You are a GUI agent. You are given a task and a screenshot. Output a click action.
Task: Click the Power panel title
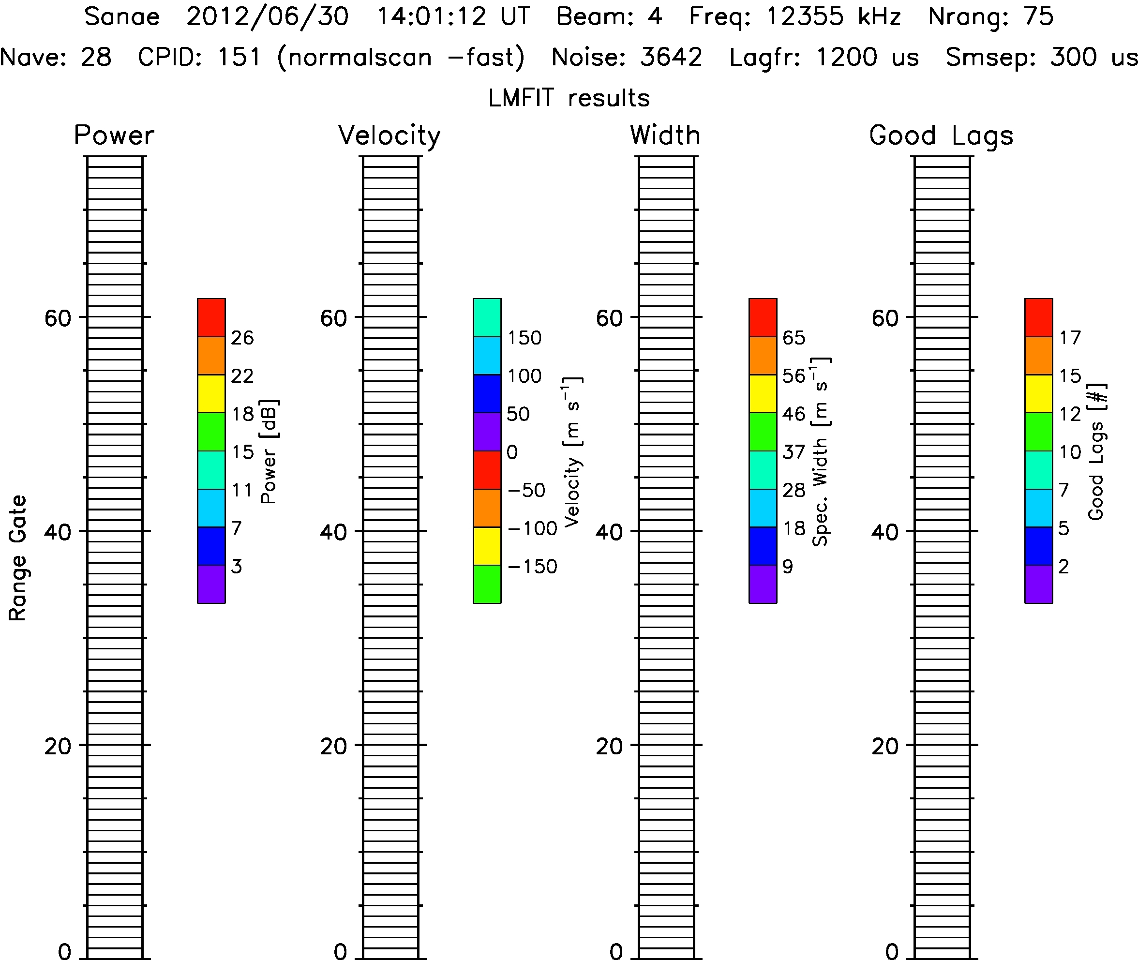coord(114,135)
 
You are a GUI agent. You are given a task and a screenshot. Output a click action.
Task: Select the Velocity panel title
coord(389,135)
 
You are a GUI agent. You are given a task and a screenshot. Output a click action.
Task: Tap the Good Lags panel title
coord(941,135)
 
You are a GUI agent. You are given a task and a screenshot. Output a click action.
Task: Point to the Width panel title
coord(665,135)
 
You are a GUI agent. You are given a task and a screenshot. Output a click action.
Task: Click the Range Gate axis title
coord(17,558)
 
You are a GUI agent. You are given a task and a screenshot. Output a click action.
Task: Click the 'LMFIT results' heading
coord(569,98)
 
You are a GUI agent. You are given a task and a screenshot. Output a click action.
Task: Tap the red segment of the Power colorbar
coord(211,317)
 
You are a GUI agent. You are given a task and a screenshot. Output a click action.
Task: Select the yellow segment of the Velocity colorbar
coord(487,546)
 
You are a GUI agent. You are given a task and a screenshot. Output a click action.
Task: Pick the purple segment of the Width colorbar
coord(763,584)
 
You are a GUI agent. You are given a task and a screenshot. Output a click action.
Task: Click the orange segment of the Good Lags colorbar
coord(1038,355)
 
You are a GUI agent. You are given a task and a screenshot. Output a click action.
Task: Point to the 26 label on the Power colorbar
coord(242,338)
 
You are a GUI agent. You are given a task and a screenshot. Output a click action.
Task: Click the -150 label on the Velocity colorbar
coord(532,567)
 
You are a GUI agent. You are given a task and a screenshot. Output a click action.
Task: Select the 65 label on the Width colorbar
coord(794,338)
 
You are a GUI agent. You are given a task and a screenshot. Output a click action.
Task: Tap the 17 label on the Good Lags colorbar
coord(1069,338)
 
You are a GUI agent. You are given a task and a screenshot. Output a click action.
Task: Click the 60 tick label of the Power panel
coord(58,318)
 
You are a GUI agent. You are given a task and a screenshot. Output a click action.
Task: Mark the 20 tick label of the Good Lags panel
coord(885,746)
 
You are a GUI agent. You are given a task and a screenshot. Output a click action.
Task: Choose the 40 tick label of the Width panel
coord(609,532)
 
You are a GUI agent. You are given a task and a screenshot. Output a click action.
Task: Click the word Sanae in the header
coord(122,16)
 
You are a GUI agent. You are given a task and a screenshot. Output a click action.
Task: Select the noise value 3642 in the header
coord(671,57)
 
